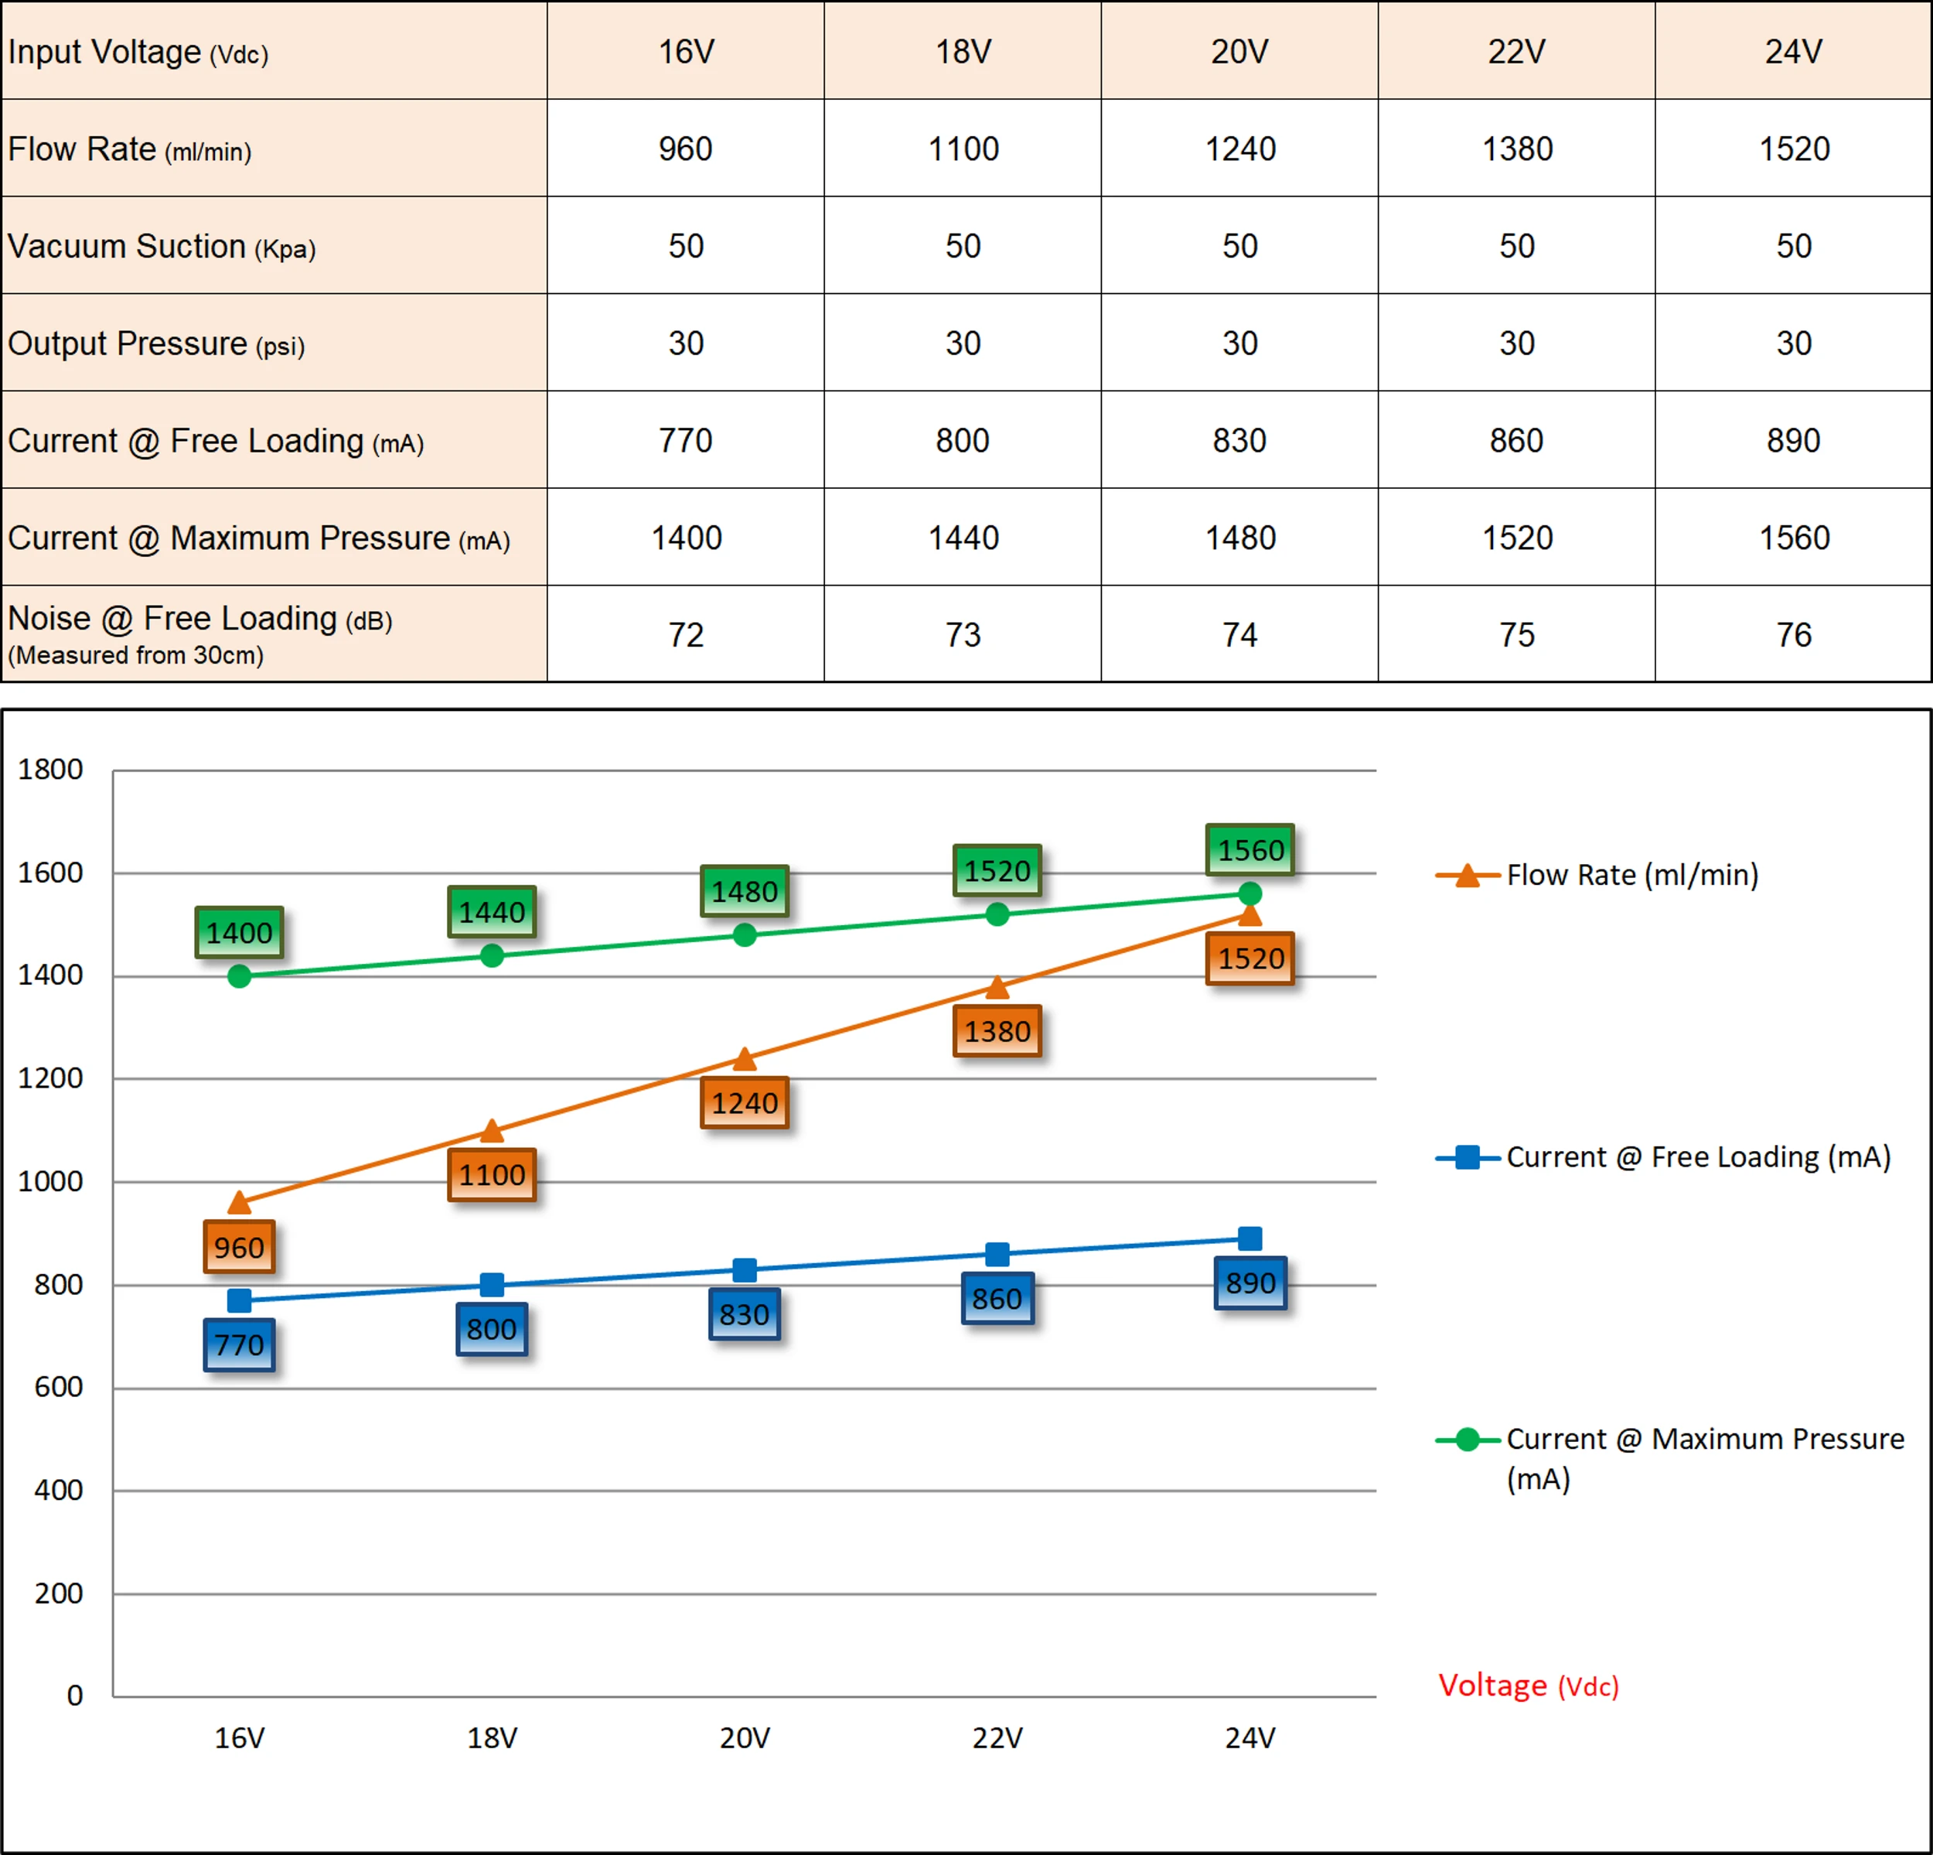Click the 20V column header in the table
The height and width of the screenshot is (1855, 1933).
(x=1239, y=51)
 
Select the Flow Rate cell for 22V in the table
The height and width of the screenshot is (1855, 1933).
(x=1517, y=149)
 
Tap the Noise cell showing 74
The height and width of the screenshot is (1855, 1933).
(x=1239, y=634)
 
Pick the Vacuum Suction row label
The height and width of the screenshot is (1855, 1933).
(x=162, y=247)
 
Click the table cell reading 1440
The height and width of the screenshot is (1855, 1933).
(x=963, y=538)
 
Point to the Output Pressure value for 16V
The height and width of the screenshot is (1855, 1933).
(x=685, y=343)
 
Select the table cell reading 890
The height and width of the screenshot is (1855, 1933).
(x=1793, y=440)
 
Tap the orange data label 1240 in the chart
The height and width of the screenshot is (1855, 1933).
(x=745, y=1103)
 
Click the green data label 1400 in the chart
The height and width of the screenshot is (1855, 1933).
(x=239, y=932)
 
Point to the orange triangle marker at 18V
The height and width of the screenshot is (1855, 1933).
(x=491, y=1131)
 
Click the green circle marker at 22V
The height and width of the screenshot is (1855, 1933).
(x=997, y=914)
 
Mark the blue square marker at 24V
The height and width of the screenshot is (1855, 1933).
(x=1249, y=1238)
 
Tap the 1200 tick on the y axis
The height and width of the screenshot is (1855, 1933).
(x=50, y=1078)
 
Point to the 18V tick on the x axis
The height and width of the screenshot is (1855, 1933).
(x=491, y=1737)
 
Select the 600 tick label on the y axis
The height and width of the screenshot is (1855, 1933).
(x=58, y=1387)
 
